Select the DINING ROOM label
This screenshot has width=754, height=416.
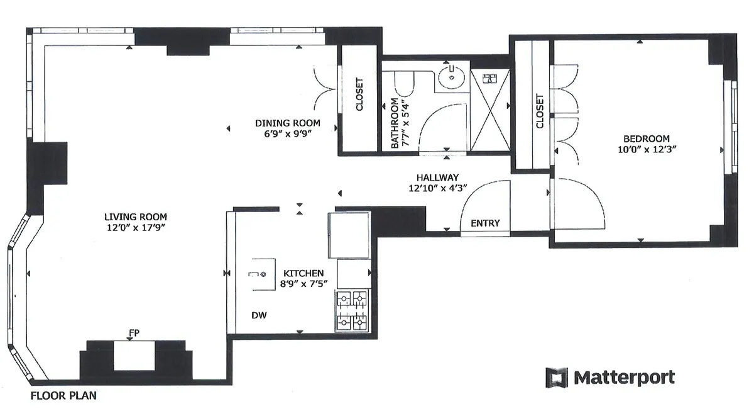287,123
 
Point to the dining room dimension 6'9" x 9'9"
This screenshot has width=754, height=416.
287,133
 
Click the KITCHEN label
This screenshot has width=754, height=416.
303,273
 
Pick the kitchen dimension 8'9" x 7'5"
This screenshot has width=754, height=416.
303,283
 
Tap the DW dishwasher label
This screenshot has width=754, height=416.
258,316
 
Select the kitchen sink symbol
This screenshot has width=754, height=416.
260,274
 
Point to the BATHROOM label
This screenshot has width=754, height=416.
395,123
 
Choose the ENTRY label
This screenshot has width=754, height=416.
485,223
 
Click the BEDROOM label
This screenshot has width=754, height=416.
646,138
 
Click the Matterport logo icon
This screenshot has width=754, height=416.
557,378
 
